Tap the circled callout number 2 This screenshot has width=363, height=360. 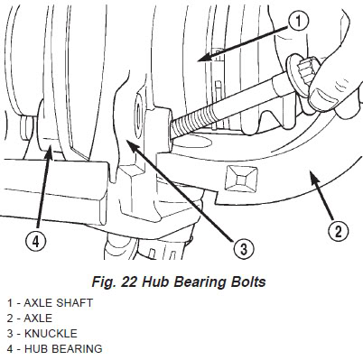pos(337,232)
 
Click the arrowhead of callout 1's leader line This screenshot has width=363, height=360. pos(199,60)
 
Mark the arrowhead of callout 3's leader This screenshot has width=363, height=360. pos(130,143)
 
